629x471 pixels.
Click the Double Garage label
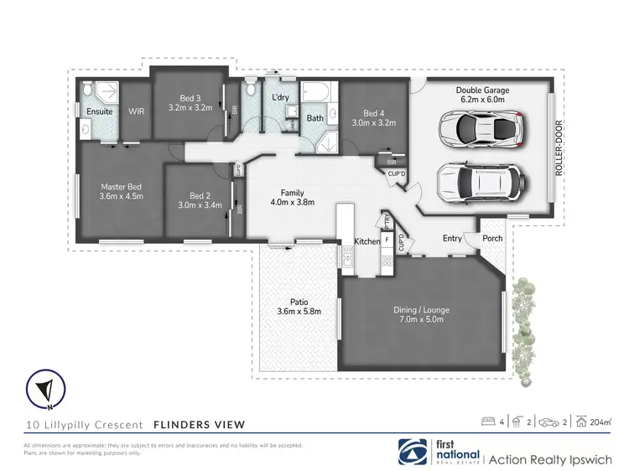tap(482, 90)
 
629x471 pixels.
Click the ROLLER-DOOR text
tap(559, 148)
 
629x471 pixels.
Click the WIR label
tap(137, 111)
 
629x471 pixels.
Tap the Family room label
tap(292, 192)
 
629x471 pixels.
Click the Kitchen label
tap(366, 241)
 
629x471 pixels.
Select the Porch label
tap(492, 238)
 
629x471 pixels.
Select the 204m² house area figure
tap(600, 422)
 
